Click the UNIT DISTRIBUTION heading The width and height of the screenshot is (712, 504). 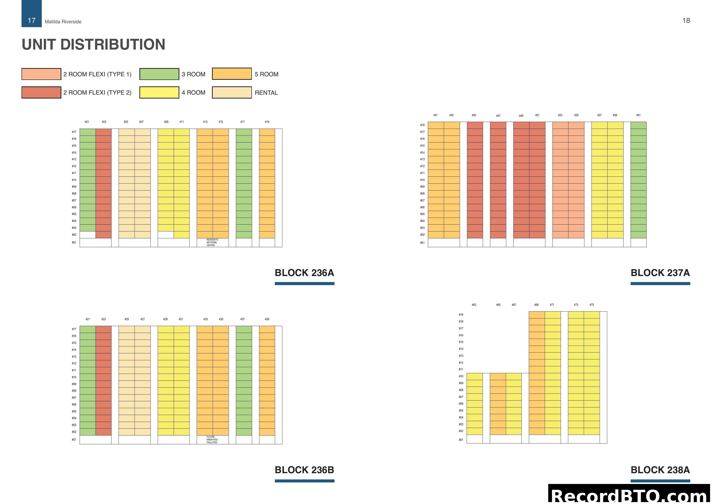93,44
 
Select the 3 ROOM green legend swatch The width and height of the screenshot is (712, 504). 159,74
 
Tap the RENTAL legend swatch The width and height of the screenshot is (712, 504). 232,92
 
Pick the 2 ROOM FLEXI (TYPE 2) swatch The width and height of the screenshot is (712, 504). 41,92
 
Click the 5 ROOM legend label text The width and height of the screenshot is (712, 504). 266,74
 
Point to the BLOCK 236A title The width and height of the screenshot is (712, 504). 304,273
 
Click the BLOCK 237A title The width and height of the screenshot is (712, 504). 660,273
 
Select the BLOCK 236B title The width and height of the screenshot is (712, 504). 304,470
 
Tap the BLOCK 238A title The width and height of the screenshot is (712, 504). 660,470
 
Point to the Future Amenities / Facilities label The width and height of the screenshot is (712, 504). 212,439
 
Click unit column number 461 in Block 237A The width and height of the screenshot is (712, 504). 638,115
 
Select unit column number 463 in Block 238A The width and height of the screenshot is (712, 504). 474,305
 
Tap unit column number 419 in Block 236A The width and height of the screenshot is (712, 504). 267,122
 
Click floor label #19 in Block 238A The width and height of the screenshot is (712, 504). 461,315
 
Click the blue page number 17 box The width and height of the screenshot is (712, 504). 32,14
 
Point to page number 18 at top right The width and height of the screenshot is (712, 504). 686,20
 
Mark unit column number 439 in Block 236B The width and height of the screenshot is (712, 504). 267,319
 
